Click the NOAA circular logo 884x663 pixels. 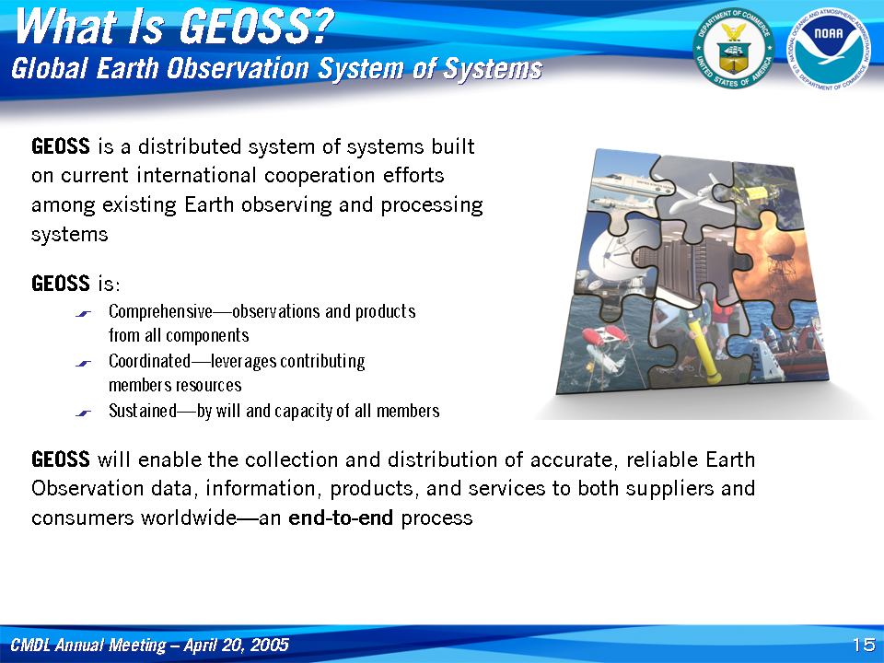click(x=829, y=49)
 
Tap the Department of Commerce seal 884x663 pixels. click(x=734, y=49)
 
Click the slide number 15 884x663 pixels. click(x=864, y=645)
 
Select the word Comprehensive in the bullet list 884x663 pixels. click(x=160, y=312)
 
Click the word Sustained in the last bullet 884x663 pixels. click(x=143, y=411)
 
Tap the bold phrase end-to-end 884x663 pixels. click(x=341, y=518)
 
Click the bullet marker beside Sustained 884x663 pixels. click(x=83, y=413)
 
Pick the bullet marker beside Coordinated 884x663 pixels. click(x=83, y=364)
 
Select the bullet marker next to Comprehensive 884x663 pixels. click(x=83, y=314)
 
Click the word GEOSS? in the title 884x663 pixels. click(x=257, y=27)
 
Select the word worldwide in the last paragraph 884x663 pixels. click(x=189, y=518)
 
